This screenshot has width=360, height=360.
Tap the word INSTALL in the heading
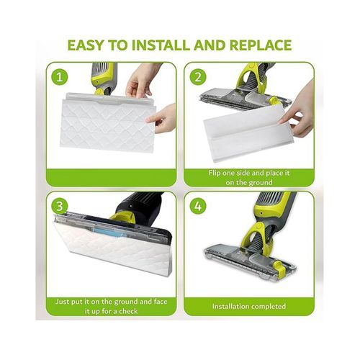[x=161, y=45]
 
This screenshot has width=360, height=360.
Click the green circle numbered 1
[x=59, y=77]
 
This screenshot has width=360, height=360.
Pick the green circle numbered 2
[x=198, y=77]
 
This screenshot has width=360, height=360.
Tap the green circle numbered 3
[x=59, y=206]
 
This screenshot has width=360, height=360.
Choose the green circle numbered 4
[x=198, y=206]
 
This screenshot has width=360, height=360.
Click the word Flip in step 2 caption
[x=215, y=173]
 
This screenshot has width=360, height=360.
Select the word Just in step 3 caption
[x=62, y=302]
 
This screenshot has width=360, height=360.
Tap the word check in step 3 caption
[x=128, y=311]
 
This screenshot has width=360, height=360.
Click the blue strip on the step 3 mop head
[x=109, y=231]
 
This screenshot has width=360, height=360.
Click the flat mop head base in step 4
[x=250, y=261]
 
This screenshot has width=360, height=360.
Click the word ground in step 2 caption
[x=261, y=183]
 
